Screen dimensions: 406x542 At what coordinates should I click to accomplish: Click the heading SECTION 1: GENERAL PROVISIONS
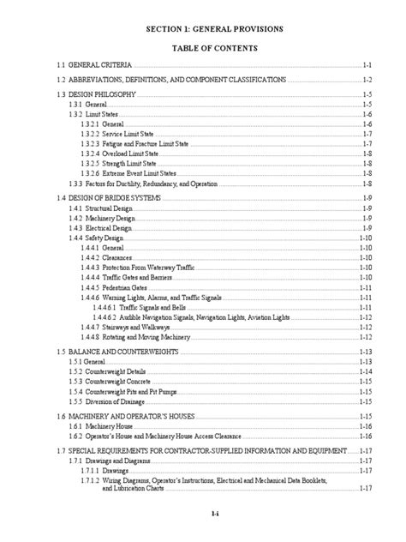(202, 30)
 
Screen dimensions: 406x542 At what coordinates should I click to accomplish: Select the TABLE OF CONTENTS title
(202, 49)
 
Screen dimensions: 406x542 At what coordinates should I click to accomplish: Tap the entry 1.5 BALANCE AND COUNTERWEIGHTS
(101, 352)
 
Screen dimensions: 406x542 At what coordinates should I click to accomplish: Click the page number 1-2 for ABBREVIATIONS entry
(365, 79)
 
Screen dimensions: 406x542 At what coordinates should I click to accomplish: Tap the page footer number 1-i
(202, 515)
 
